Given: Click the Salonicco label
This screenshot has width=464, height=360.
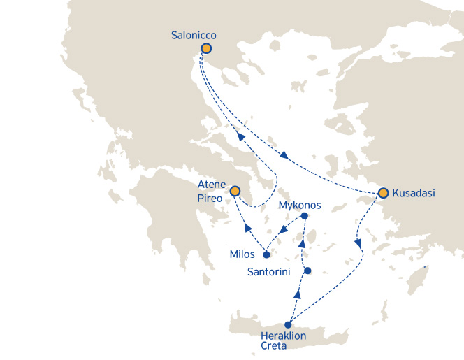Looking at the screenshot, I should tap(194, 34).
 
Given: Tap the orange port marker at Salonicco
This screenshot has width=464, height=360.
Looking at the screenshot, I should tap(206, 48).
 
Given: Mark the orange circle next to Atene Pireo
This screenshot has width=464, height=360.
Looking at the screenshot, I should tap(235, 191).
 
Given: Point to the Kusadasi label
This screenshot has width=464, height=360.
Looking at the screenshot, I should tap(414, 193).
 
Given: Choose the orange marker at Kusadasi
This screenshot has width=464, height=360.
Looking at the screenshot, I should tap(383, 192).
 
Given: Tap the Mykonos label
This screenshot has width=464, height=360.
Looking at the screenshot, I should tap(300, 206).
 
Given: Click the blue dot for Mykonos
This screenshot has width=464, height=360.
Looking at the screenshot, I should tap(304, 216).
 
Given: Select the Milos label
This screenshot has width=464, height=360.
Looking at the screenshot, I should tap(242, 254).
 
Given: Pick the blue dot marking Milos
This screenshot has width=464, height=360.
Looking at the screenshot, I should tap(266, 254).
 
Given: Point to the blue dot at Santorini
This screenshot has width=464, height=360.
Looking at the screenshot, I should tap(307, 271).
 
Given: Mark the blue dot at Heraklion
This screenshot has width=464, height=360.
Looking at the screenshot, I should tap(288, 324).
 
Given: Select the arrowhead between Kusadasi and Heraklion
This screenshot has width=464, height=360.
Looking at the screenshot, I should tap(358, 244).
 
